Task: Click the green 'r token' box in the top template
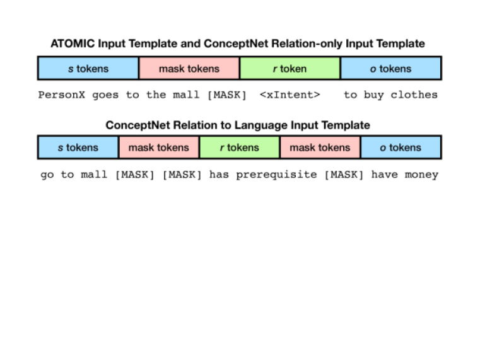click(x=290, y=68)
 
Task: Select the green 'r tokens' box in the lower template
click(x=240, y=147)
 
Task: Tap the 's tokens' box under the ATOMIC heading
click(x=88, y=68)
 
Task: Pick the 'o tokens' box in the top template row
click(x=390, y=68)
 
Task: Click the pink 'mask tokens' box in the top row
click(x=189, y=68)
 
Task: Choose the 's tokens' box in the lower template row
click(x=78, y=147)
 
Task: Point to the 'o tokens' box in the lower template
click(x=401, y=147)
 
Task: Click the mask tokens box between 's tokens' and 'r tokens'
click(x=159, y=147)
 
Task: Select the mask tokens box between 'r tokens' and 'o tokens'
click(x=320, y=147)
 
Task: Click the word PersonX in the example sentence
click(x=62, y=95)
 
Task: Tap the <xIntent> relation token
click(x=290, y=95)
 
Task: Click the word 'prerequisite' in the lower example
click(x=276, y=175)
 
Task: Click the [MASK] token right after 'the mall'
click(x=227, y=95)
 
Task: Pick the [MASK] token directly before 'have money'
click(x=344, y=175)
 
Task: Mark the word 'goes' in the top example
click(x=105, y=95)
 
